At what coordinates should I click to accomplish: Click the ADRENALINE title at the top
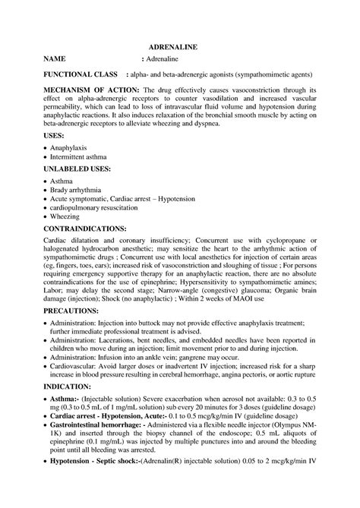(x=179, y=46)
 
